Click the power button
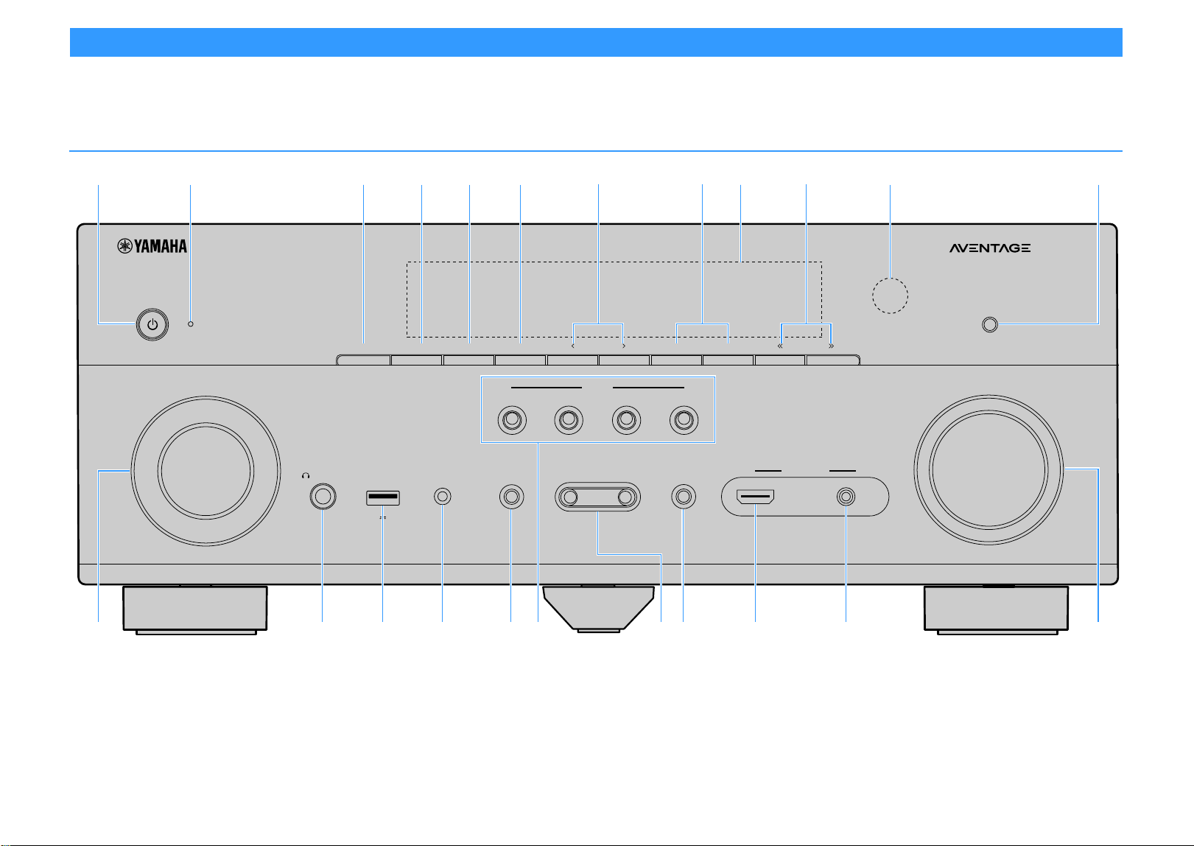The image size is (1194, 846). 152,324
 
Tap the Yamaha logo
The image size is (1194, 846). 152,246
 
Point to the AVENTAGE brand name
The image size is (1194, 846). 989,248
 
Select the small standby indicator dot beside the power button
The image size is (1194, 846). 190,324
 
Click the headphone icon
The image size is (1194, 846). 306,475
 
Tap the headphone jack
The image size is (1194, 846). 323,497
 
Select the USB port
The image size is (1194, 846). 383,497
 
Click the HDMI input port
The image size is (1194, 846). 755,497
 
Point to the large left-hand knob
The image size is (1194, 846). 206,470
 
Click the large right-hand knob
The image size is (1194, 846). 988,470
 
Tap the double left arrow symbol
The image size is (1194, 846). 780,346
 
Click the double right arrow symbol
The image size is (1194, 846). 831,346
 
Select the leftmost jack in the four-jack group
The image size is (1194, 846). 512,420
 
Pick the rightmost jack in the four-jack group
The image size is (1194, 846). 684,420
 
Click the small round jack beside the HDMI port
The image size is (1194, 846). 846,497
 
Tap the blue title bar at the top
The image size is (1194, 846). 596,42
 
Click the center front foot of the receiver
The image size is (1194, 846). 599,609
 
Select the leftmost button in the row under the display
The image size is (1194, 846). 364,360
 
